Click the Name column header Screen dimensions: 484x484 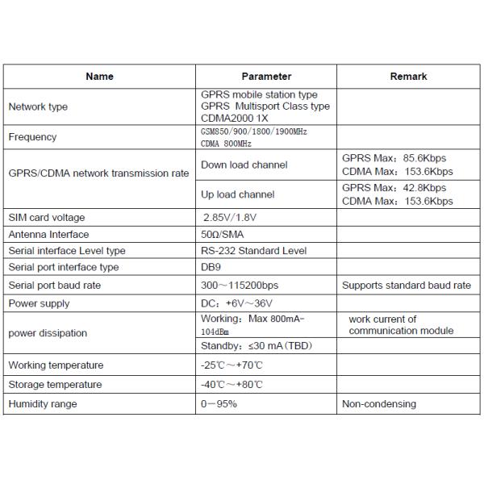(99, 77)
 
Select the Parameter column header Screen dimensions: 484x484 (266, 77)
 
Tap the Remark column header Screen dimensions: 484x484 (407, 77)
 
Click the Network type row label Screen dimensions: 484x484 (38, 106)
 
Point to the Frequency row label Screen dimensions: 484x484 (32, 137)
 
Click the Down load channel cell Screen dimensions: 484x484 (244, 165)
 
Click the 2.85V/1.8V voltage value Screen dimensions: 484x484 (229, 218)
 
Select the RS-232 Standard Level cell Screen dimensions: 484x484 (253, 251)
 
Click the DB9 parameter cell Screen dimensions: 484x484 (210, 267)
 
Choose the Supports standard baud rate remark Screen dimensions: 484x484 (407, 286)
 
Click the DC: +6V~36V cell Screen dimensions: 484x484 (236, 304)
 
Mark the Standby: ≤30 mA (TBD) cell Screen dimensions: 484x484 (255, 347)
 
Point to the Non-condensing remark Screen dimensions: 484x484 (379, 404)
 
